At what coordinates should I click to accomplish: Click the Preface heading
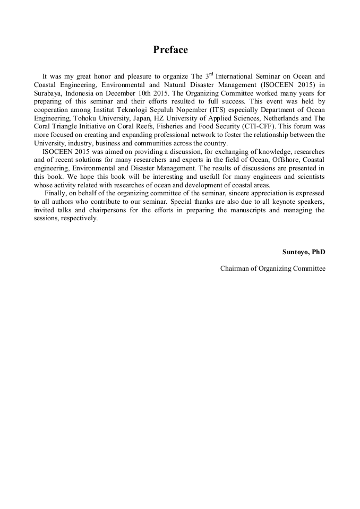click(170, 50)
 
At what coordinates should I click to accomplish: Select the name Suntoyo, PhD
click(304, 252)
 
